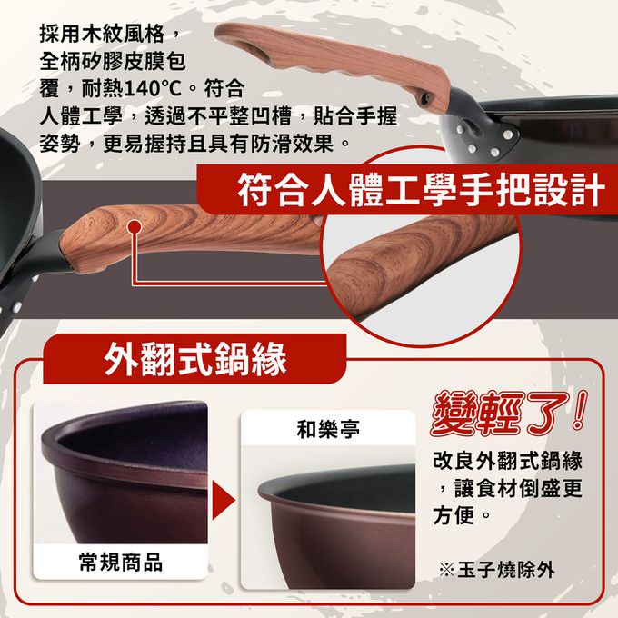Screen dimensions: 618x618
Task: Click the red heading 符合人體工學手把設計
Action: (421, 190)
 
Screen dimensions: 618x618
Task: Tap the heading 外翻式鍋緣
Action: (195, 359)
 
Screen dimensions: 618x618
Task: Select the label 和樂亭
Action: (328, 429)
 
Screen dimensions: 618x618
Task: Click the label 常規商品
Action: (121, 562)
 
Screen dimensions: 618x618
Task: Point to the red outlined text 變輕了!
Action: (508, 414)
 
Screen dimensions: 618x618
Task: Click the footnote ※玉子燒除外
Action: (497, 570)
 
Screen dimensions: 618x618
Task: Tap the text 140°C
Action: (153, 89)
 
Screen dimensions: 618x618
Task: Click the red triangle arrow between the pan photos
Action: (223, 501)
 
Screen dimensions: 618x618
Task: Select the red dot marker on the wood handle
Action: (135, 226)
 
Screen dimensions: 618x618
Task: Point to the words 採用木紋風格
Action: (102, 33)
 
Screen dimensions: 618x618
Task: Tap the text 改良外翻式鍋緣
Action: (508, 461)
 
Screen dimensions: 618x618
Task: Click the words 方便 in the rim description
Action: (454, 514)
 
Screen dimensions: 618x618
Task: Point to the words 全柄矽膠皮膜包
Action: (113, 61)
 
